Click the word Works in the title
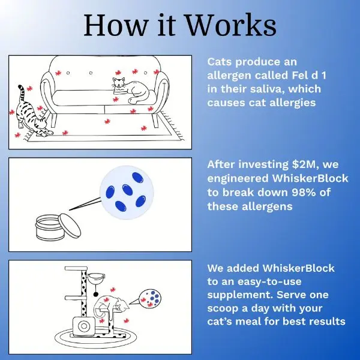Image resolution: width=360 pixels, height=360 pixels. click(231, 25)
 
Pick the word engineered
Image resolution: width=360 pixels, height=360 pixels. click(238, 179)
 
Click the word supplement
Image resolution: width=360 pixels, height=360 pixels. click(240, 295)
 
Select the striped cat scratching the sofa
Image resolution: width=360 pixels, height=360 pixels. click(32, 113)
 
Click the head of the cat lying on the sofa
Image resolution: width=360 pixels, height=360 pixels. click(118, 83)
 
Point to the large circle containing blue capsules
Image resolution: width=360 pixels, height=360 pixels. click(127, 193)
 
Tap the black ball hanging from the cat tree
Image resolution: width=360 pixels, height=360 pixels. click(96, 295)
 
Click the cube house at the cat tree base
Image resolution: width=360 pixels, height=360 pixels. click(84, 326)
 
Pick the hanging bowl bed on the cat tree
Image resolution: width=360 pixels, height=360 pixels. click(97, 278)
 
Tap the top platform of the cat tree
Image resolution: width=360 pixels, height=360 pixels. click(76, 268)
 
